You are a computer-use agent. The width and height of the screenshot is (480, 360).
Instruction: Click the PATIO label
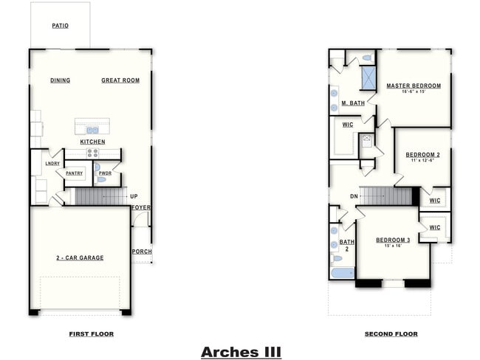(x=61, y=26)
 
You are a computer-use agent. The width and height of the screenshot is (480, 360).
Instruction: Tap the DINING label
(x=61, y=80)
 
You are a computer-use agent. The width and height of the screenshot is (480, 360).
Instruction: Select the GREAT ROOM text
(x=120, y=80)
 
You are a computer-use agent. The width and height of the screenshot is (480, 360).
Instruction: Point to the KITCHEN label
(x=93, y=142)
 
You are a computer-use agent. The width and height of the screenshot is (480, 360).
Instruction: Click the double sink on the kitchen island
(x=92, y=130)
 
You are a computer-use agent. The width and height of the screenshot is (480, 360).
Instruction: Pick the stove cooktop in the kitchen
(x=93, y=153)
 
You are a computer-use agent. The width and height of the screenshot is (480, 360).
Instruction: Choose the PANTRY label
(x=74, y=173)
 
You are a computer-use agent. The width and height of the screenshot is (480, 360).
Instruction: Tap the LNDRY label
(x=52, y=164)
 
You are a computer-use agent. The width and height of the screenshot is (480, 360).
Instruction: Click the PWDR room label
(x=105, y=173)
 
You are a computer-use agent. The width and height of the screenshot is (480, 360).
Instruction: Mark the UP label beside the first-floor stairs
(x=134, y=196)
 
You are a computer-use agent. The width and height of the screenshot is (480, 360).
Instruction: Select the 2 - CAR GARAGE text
(x=80, y=257)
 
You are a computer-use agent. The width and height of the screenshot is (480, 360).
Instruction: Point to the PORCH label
(x=142, y=252)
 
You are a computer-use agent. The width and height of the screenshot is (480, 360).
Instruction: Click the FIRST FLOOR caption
(x=91, y=334)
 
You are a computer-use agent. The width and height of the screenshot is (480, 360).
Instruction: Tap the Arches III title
(x=241, y=352)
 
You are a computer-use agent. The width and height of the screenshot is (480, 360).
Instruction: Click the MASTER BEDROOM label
(x=414, y=86)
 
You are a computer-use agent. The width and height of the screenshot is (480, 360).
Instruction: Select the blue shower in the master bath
(x=368, y=78)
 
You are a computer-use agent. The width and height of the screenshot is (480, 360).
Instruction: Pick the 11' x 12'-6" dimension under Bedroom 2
(x=422, y=161)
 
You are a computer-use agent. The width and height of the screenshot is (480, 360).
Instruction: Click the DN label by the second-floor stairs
(x=354, y=196)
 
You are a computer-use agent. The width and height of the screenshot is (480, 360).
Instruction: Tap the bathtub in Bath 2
(x=342, y=273)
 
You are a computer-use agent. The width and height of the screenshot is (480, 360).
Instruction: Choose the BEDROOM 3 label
(x=393, y=240)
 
